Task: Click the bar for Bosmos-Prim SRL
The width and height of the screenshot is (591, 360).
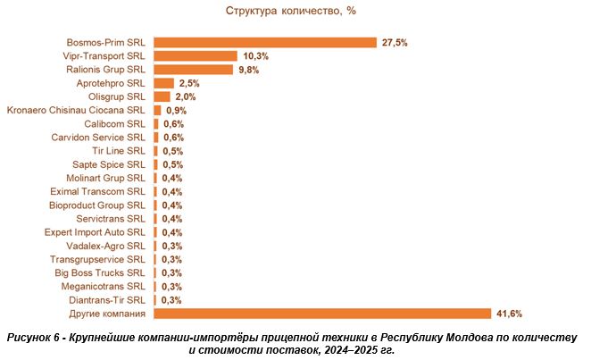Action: pos(265,42)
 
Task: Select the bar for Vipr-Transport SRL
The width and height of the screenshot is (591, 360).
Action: pos(196,55)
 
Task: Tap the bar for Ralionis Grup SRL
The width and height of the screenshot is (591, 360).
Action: pos(194,69)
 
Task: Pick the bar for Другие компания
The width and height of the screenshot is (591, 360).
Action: pos(322,314)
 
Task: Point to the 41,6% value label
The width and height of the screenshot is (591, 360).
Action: pos(510,314)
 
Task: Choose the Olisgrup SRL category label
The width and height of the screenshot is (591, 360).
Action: pos(116,96)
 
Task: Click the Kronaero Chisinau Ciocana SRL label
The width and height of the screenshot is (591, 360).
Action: pos(76,110)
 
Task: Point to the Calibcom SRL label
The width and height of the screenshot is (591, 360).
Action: pos(114,123)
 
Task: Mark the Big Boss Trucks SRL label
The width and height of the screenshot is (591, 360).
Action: pos(99,272)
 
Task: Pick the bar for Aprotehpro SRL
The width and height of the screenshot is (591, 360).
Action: pos(163,83)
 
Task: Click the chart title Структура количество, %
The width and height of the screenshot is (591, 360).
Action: pos(295,11)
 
